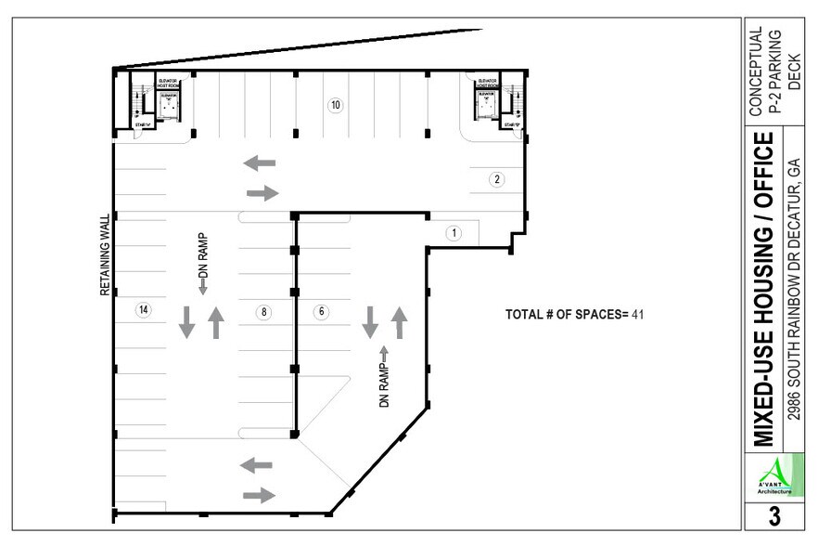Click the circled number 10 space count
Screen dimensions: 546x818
click(x=336, y=105)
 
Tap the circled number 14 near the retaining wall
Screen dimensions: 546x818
click(x=143, y=310)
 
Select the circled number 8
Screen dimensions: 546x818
click(x=264, y=312)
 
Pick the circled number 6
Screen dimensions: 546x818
click(x=322, y=312)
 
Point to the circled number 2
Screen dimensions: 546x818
click(x=497, y=179)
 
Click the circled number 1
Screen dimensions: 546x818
click(x=454, y=233)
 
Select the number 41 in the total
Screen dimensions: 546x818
click(x=638, y=315)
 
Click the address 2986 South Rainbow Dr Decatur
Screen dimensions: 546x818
click(x=794, y=289)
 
